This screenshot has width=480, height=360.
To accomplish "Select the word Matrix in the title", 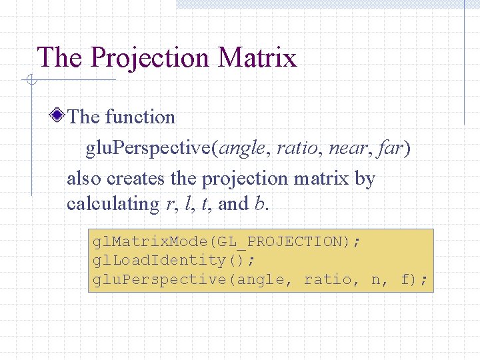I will click(257, 57).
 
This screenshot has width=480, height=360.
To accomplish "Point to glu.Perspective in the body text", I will click(147, 148).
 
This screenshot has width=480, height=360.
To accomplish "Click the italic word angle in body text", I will click(243, 148).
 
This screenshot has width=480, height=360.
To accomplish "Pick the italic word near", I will click(347, 148).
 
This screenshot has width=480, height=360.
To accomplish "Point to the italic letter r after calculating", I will click(168, 204).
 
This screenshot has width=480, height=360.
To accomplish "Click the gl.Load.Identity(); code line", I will click(173, 260).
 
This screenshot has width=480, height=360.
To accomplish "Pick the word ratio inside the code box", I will click(327, 279).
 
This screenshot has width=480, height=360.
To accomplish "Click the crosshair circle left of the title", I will click(31, 81).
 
